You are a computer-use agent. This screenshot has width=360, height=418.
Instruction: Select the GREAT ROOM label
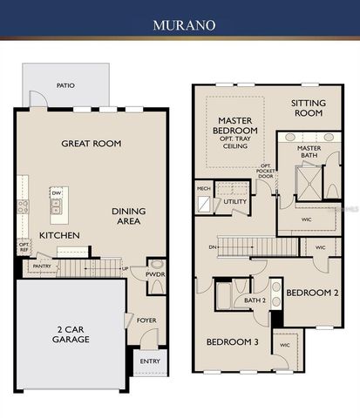tap(91, 143)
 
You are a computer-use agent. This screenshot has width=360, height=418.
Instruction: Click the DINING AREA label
tap(128, 216)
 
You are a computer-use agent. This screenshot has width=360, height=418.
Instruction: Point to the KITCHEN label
tap(59, 235)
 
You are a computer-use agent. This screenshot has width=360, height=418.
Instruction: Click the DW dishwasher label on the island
tap(56, 192)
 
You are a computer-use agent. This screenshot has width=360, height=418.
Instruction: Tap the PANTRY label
tap(40, 268)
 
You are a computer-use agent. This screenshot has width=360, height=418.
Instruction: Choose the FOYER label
tap(146, 320)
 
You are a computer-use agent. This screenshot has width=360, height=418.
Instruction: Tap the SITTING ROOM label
tap(308, 108)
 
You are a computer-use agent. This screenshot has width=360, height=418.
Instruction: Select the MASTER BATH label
tap(309, 153)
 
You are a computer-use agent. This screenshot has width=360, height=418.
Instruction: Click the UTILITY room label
tap(235, 201)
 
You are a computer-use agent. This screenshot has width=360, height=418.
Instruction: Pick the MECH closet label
tap(203, 187)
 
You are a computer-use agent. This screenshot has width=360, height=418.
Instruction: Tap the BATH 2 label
tap(255, 300)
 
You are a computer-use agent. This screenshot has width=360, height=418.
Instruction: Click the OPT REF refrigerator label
tap(24, 247)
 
